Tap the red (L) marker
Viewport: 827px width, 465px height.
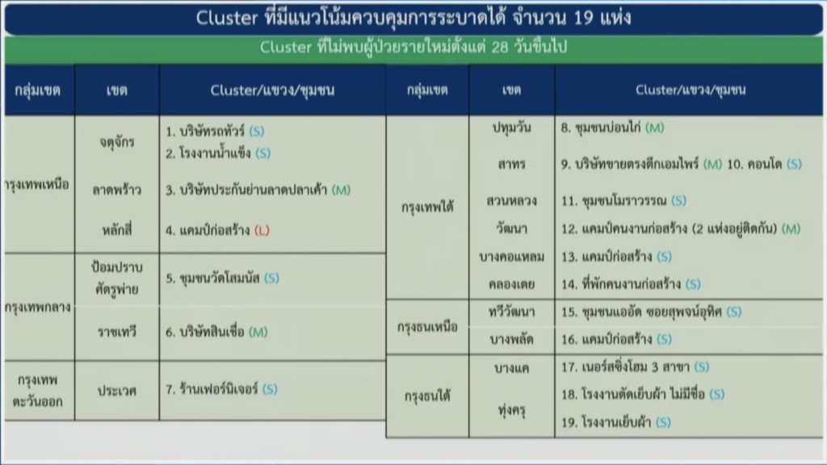click(262, 230)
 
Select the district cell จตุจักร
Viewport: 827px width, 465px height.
click(116, 142)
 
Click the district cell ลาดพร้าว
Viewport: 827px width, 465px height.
click(116, 190)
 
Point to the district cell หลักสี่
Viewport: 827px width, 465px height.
click(116, 230)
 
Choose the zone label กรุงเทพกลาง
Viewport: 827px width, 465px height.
click(37, 307)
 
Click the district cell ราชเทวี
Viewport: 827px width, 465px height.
click(116, 332)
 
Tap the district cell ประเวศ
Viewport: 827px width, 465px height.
click(116, 391)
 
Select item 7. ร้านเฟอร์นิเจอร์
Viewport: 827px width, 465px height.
click(212, 389)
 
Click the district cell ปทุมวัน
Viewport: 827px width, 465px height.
click(511, 128)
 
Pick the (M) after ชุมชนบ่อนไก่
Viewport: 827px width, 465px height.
click(654, 128)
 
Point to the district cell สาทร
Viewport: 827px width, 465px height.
click(511, 165)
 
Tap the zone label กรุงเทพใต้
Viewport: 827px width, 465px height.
click(427, 207)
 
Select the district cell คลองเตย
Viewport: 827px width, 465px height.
click(511, 285)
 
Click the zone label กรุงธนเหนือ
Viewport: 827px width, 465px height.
click(427, 327)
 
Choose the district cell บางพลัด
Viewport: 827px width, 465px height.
click(511, 340)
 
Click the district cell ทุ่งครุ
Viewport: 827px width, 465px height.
click(511, 409)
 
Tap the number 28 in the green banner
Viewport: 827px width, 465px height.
click(499, 48)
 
